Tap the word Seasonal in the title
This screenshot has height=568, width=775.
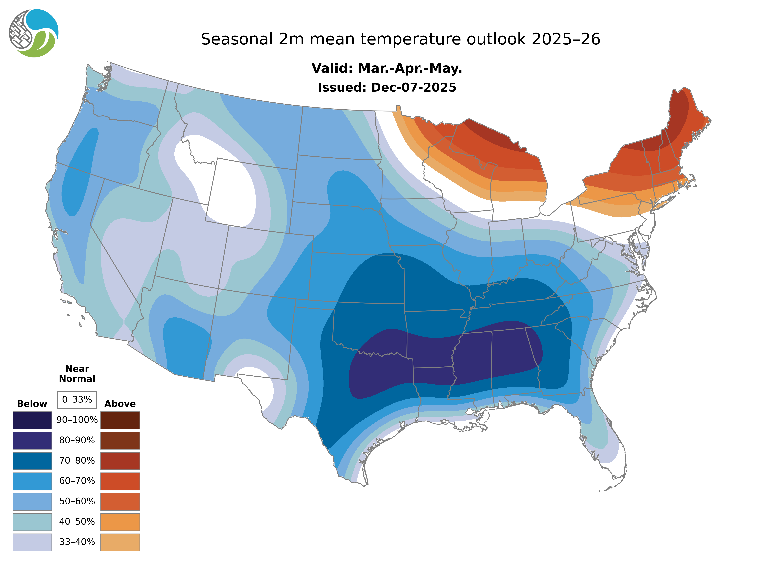pos(237,39)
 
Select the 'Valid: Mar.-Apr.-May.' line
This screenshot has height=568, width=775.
pos(387,68)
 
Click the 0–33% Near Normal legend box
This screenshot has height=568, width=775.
pos(77,400)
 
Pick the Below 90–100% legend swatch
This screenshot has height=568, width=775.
pos(32,420)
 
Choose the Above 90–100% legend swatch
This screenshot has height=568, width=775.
pos(120,420)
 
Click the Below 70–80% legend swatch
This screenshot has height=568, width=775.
pos(32,461)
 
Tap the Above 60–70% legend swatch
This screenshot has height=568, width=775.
pos(120,481)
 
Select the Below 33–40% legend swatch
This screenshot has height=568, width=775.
pos(32,542)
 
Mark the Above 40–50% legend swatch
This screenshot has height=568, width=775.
pos(120,522)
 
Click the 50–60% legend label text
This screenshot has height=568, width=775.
pos(77,501)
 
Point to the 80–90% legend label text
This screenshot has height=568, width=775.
pos(77,440)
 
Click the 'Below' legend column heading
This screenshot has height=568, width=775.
pos(32,404)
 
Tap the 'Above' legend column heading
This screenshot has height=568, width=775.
pos(120,404)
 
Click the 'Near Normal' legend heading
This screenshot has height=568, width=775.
pos(77,374)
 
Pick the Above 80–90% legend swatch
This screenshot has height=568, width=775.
pos(120,440)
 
